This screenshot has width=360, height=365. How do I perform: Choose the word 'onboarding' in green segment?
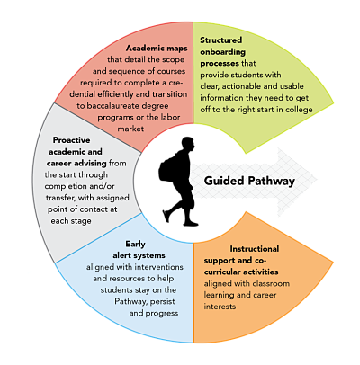228,53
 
